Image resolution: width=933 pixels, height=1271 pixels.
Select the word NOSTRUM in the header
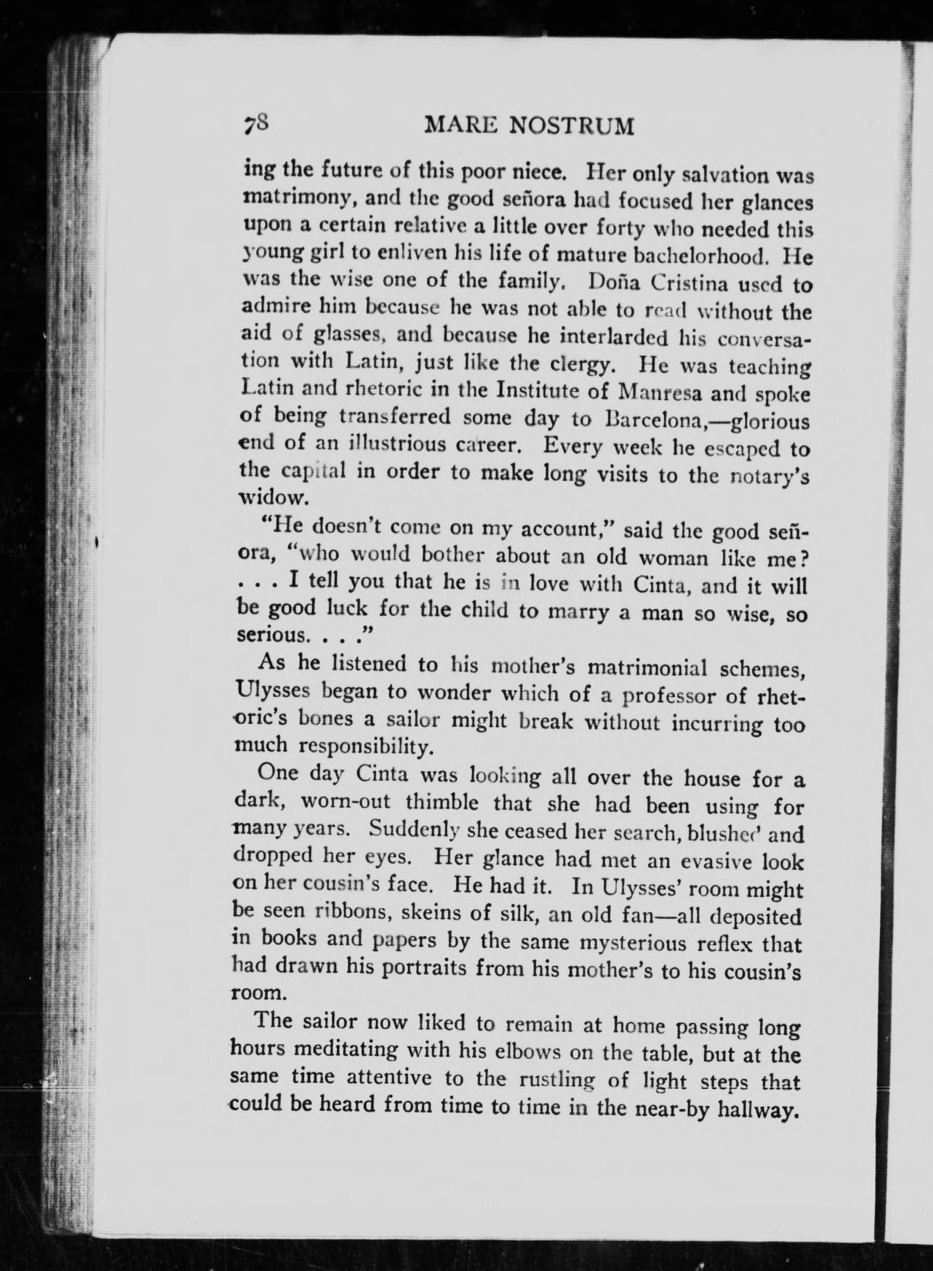pos(572,126)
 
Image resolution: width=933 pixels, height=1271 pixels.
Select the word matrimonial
pos(647,668)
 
